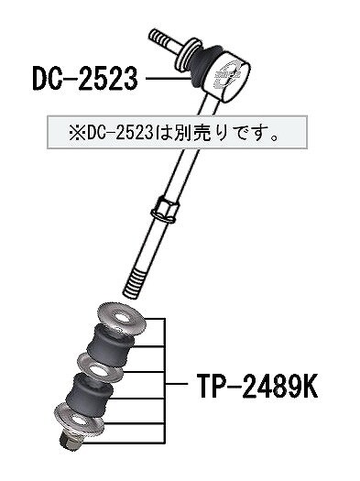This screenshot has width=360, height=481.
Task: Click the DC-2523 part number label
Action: coord(85,79)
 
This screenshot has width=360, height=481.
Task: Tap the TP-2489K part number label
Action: coord(257,386)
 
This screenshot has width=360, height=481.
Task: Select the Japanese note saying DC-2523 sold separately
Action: coord(173,134)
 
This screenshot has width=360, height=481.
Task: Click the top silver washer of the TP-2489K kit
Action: coord(122,319)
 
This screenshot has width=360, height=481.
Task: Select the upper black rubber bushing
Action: coord(110,345)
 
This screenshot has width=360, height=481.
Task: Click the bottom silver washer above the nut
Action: coord(79,418)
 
